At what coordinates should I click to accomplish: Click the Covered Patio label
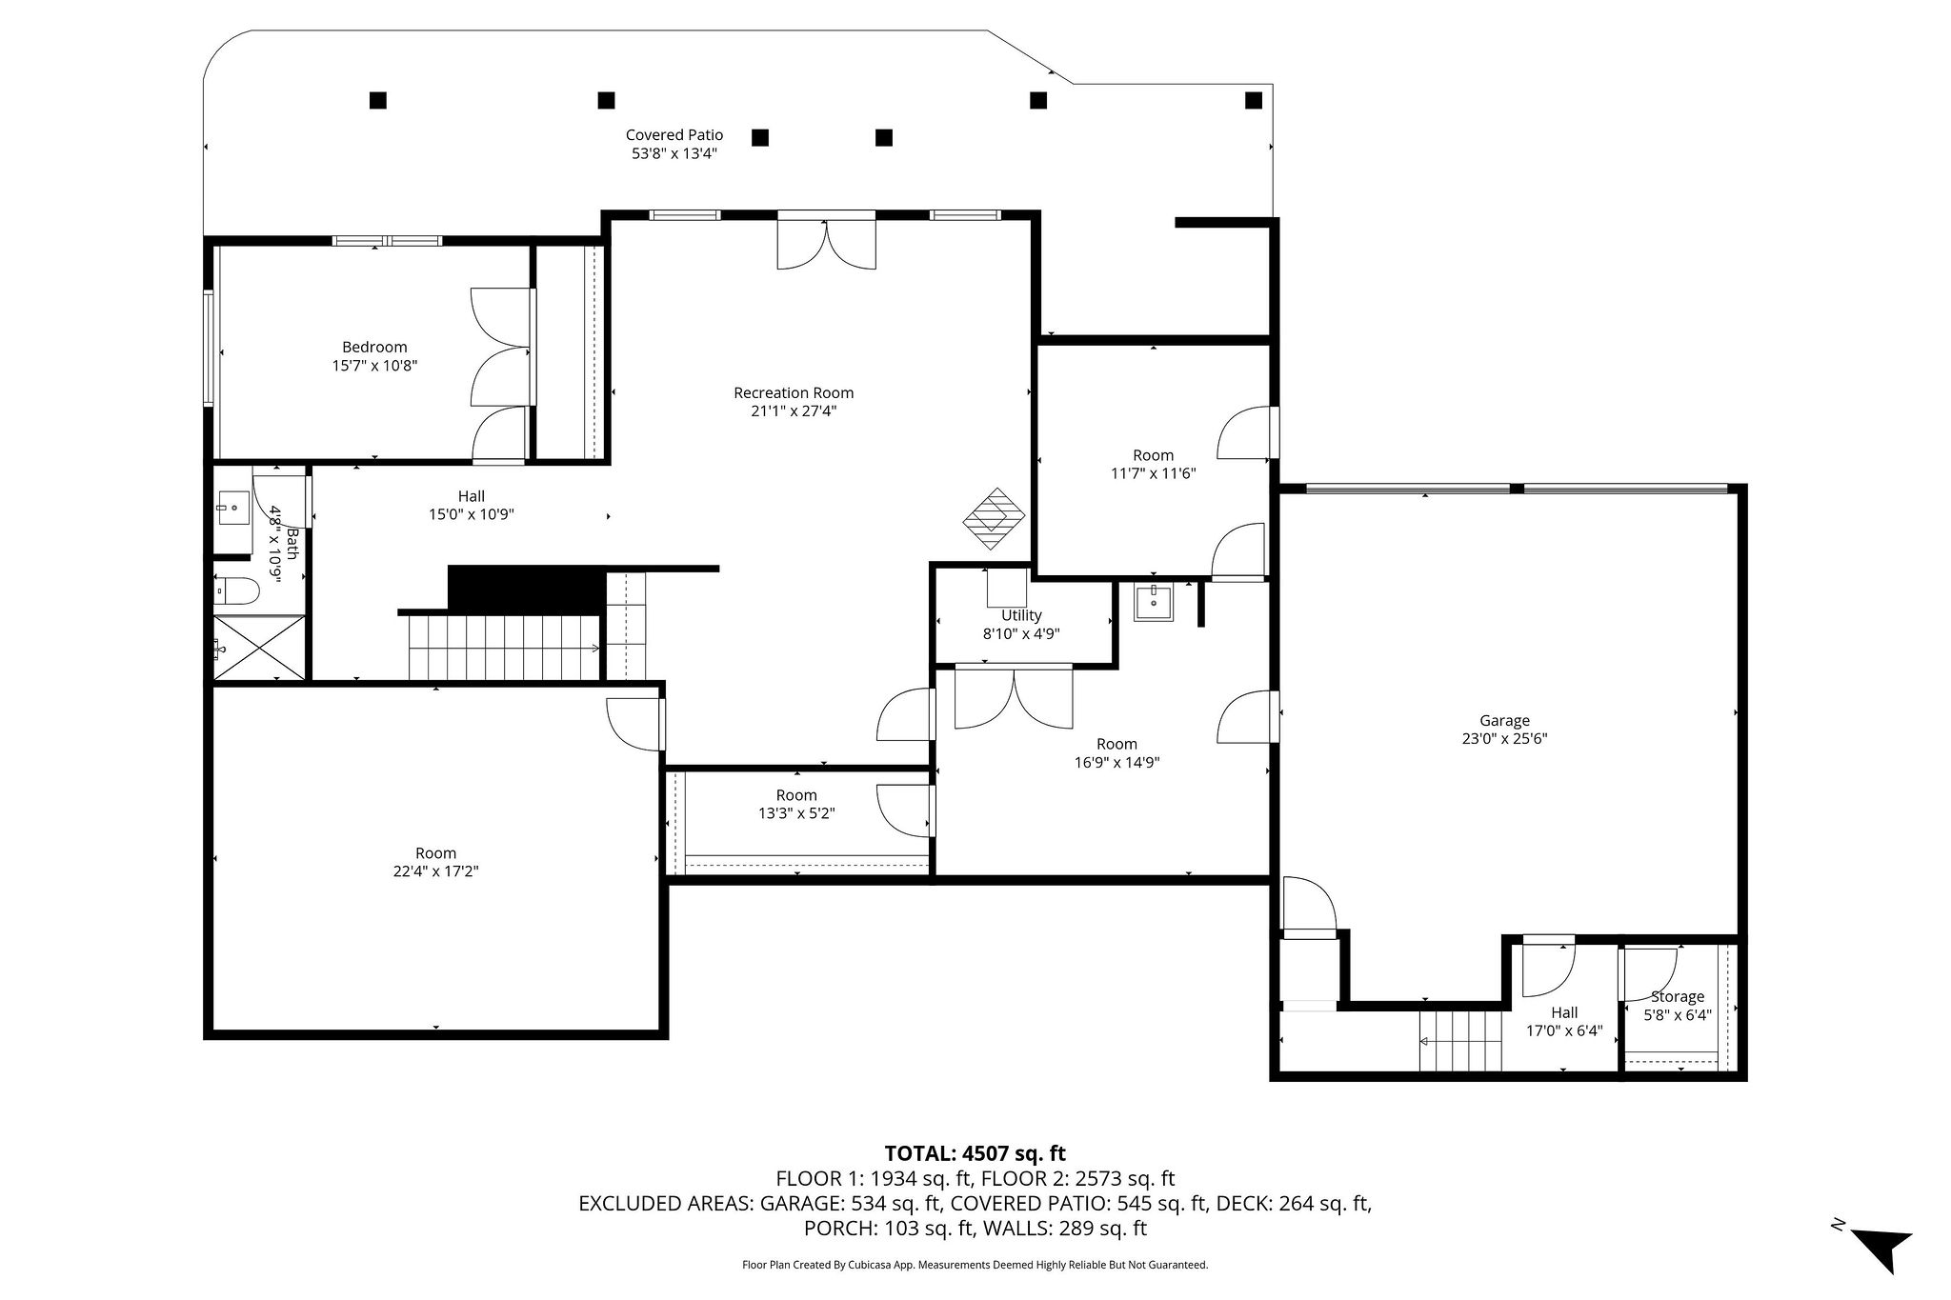[674, 135]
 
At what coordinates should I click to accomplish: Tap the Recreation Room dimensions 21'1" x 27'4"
[794, 411]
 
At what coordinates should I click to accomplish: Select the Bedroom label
[374, 348]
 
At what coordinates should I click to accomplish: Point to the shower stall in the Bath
[259, 648]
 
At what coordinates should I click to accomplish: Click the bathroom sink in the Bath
[231, 508]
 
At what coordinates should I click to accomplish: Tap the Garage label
[1504, 721]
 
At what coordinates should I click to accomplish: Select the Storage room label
[1677, 997]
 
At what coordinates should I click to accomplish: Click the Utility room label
[1021, 615]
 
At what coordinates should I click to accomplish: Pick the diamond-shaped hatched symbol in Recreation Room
[994, 518]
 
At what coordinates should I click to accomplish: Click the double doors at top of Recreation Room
[826, 244]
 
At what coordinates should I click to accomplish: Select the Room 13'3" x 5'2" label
[796, 795]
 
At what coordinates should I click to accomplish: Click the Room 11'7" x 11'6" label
[1153, 455]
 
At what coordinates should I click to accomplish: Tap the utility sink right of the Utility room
[1154, 603]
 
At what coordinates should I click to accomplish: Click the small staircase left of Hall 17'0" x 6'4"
[1459, 1042]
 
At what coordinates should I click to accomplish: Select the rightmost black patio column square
[1254, 100]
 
